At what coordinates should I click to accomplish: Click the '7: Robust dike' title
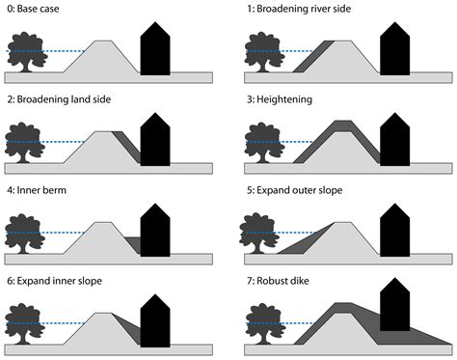pos(281,281)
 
